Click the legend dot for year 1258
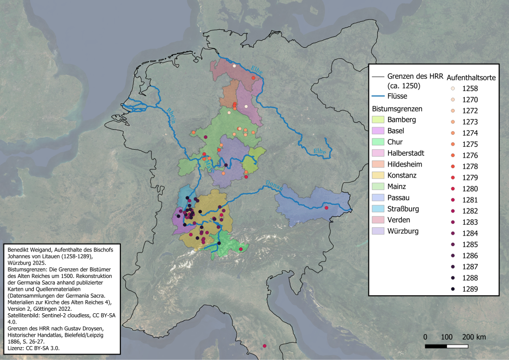(x=453, y=89)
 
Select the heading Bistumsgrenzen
(x=397, y=108)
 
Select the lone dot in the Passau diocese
(x=327, y=208)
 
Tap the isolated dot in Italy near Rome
(x=264, y=346)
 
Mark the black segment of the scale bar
(x=436, y=346)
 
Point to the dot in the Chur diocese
(x=241, y=249)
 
